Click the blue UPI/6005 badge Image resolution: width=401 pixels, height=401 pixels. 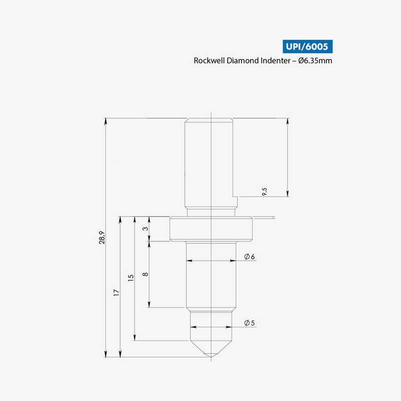(307, 47)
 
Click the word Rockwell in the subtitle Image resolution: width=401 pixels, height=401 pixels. (209, 61)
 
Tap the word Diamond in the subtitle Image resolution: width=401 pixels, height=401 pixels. (243, 61)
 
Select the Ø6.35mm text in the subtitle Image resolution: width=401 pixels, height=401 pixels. (315, 61)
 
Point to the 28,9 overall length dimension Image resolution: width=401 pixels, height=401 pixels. (102, 238)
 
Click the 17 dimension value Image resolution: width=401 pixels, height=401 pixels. (116, 293)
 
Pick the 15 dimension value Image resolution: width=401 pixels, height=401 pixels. (131, 278)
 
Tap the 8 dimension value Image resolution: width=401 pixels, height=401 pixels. (145, 274)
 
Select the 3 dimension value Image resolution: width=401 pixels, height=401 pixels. (145, 229)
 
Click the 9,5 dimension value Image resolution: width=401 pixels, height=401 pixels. (265, 191)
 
